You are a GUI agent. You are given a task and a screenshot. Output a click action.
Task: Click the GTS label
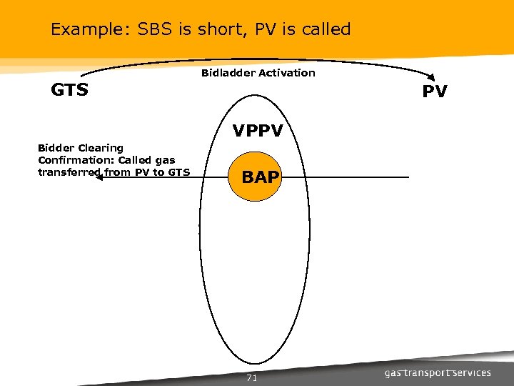click(69, 90)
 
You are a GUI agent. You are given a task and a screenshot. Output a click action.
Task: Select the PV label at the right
click(434, 92)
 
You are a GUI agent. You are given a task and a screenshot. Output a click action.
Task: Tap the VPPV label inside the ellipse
click(257, 132)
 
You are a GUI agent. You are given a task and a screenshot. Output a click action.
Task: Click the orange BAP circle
click(260, 177)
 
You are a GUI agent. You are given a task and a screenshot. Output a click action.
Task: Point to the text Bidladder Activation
click(258, 73)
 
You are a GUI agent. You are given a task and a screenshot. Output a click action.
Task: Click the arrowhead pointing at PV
click(432, 79)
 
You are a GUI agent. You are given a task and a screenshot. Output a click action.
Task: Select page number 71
click(251, 378)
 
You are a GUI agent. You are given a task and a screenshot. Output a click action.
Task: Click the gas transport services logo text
click(438, 372)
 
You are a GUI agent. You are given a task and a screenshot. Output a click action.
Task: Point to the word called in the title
click(326, 29)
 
